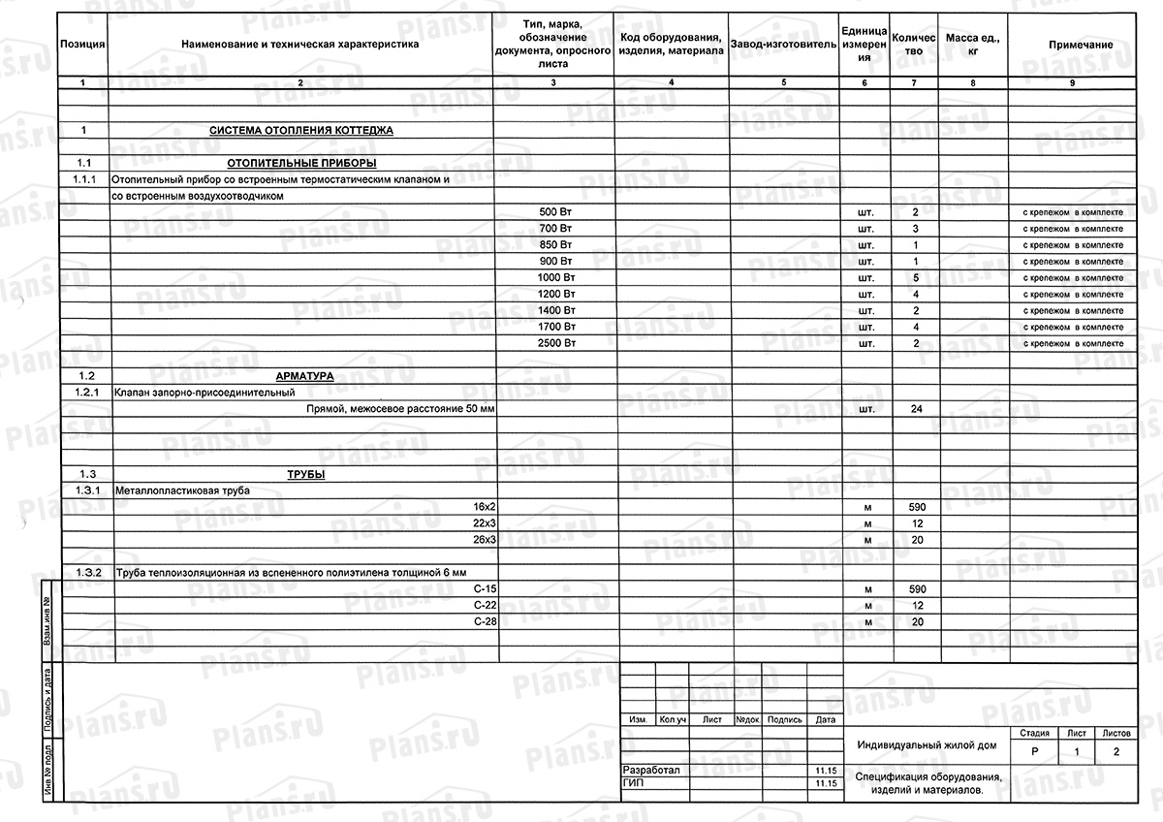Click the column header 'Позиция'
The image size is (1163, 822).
82,45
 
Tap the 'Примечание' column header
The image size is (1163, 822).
1081,45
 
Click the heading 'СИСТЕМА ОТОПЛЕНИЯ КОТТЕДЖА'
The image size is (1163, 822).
301,130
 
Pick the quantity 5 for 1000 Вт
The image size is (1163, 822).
915,277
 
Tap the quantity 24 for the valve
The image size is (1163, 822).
915,409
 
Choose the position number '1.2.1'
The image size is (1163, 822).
86,393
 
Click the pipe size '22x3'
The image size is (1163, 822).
485,523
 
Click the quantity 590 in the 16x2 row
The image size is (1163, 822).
915,507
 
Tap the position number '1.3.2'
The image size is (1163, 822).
86,573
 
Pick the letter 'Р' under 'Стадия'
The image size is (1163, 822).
1035,752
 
